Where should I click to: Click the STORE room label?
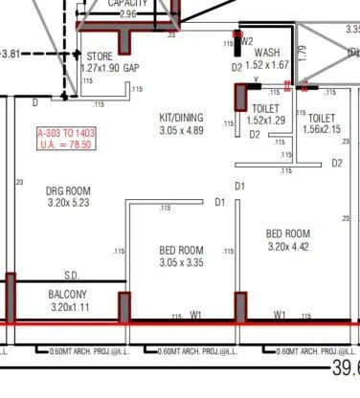(100, 57)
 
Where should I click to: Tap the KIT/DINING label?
(182, 117)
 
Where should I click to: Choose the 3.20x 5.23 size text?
(68, 204)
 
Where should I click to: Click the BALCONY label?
(68, 295)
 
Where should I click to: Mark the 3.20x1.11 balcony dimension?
(68, 307)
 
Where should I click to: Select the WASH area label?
(267, 53)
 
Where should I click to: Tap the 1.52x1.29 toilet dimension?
(267, 122)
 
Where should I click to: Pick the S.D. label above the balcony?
(72, 275)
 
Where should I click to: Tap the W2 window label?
(247, 42)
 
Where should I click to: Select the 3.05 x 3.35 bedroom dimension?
(182, 262)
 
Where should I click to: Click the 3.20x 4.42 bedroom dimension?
(287, 246)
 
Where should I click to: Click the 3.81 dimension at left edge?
(11, 54)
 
